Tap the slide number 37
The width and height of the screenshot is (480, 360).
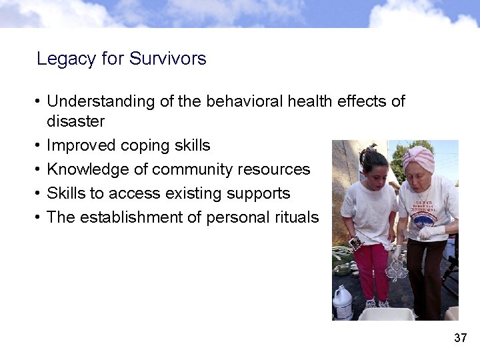point(460,338)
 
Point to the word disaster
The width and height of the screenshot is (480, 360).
point(75,121)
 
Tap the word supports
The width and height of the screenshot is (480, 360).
point(259,194)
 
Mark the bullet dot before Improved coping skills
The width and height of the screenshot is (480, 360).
point(39,146)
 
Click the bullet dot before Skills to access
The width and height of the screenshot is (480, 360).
point(39,194)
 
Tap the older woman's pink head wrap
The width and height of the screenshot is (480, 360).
point(419,157)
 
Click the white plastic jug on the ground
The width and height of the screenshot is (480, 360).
point(342,303)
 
